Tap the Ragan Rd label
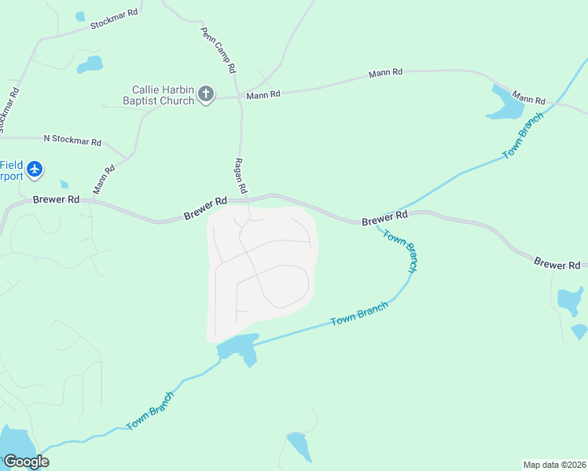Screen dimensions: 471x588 click(x=241, y=176)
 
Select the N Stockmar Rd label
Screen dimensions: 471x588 click(x=72, y=141)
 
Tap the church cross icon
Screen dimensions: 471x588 click(x=206, y=95)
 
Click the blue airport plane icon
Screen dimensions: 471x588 click(x=34, y=169)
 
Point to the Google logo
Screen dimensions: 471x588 click(x=26, y=462)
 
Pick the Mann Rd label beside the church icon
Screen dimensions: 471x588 click(x=263, y=95)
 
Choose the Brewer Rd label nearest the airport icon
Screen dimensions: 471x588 click(x=57, y=199)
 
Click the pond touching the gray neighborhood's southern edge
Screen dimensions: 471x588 click(x=239, y=348)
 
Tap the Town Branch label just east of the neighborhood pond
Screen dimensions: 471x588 click(x=359, y=314)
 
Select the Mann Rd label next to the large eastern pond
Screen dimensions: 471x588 click(x=529, y=98)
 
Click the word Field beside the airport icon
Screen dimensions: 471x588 click(x=11, y=165)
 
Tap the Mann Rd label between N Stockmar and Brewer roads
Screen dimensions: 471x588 click(x=104, y=179)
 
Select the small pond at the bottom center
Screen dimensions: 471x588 click(x=299, y=445)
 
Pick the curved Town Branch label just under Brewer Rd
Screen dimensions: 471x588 click(x=400, y=249)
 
